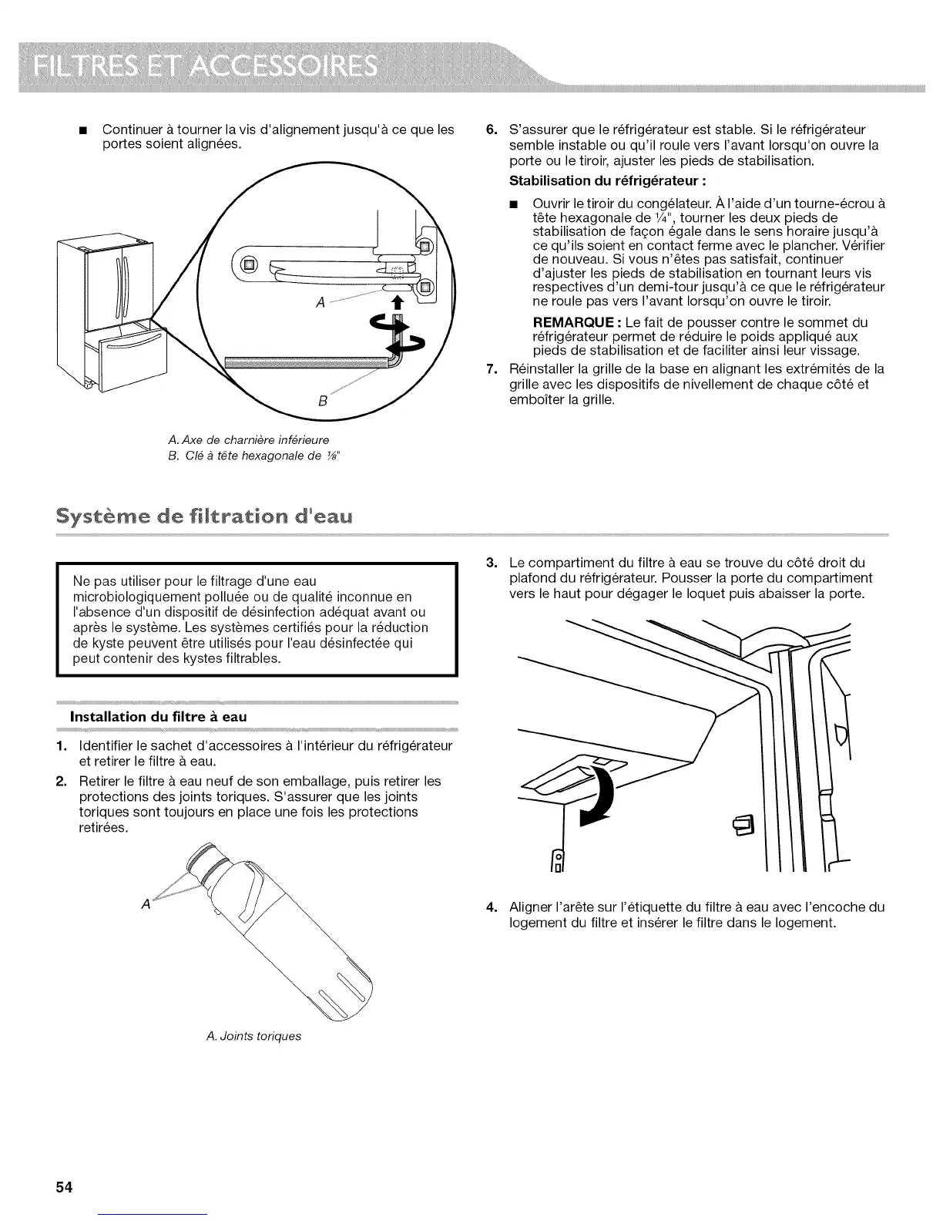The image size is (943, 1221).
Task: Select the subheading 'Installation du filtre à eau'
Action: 158,716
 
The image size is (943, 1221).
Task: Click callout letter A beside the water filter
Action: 145,905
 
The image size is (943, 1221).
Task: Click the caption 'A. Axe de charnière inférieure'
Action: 247,439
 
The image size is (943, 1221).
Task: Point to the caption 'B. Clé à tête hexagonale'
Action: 255,455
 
